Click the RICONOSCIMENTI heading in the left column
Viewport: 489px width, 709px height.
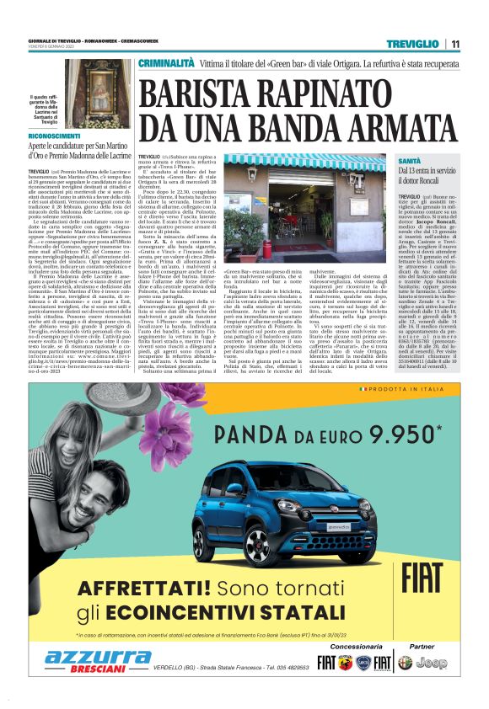tap(56, 135)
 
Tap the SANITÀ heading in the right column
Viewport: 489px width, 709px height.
tap(410, 160)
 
